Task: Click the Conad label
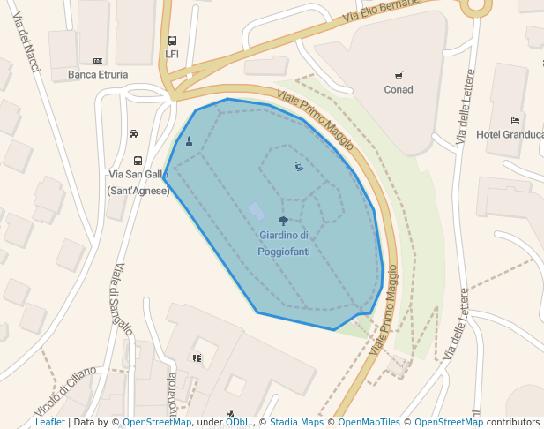(x=399, y=89)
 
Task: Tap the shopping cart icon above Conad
(x=399, y=75)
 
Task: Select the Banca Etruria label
(x=98, y=75)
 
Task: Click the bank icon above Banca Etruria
(x=98, y=61)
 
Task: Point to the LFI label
(x=172, y=54)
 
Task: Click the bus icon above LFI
(x=172, y=40)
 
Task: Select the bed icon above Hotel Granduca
(x=515, y=120)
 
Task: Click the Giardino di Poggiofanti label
(x=283, y=244)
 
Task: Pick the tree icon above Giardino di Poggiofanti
(x=283, y=221)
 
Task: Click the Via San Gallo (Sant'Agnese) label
(x=138, y=182)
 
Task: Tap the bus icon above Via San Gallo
(x=138, y=161)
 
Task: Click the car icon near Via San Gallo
(x=133, y=134)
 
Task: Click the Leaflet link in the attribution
(x=49, y=423)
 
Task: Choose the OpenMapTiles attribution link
(x=369, y=423)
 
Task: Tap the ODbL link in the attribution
(x=237, y=423)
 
